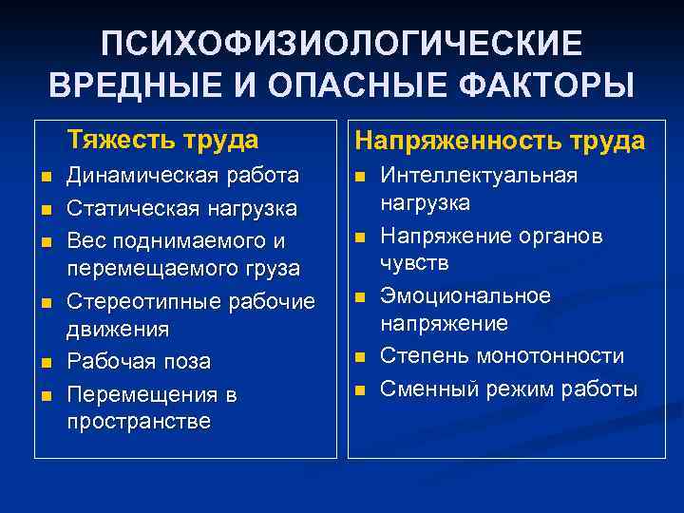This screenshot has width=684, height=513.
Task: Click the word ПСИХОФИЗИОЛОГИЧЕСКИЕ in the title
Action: (x=342, y=43)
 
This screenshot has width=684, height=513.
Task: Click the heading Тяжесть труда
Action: (x=162, y=141)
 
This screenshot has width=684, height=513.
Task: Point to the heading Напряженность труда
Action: (x=500, y=141)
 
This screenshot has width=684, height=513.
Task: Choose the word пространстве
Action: (x=139, y=421)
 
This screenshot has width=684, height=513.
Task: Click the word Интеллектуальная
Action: (x=479, y=176)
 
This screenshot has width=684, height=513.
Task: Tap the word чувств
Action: (x=414, y=262)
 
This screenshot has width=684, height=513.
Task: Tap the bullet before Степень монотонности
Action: (x=360, y=358)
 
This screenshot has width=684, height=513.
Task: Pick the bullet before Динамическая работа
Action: (x=45, y=178)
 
